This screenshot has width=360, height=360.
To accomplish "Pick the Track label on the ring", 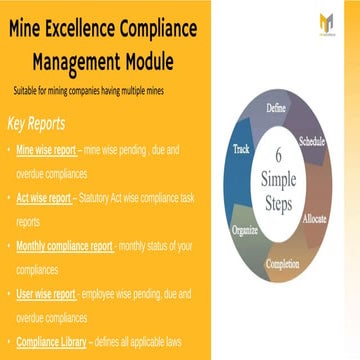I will [241, 150].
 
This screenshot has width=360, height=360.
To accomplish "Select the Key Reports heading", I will [36, 125].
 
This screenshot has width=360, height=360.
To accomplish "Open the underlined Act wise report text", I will [43, 197].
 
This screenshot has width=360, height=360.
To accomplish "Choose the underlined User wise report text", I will [46, 294].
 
